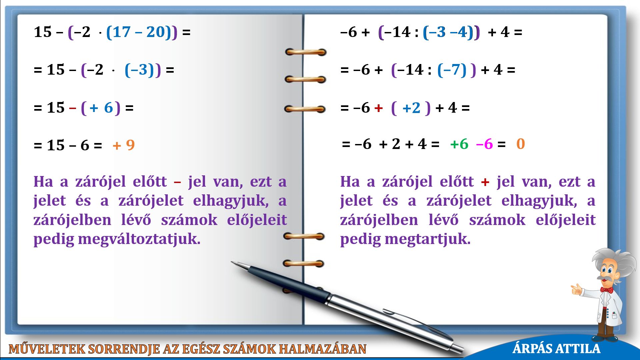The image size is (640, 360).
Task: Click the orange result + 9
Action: click(x=124, y=145)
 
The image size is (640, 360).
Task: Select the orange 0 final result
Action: click(x=521, y=144)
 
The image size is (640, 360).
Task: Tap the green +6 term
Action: click(x=459, y=144)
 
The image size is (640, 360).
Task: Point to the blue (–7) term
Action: click(x=452, y=70)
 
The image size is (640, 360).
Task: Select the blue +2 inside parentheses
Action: click(x=411, y=108)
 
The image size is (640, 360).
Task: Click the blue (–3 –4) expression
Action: click(x=448, y=32)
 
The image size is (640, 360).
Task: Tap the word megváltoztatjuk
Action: click(x=139, y=239)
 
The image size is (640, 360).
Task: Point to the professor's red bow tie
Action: click(x=607, y=290)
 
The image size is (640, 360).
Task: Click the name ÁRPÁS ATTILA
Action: click(x=556, y=348)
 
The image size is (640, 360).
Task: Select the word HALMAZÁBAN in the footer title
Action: click(x=323, y=349)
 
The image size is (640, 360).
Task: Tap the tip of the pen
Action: click(x=232, y=262)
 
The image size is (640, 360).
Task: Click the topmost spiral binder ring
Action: click(x=306, y=52)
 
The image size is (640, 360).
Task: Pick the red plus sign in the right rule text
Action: click(x=485, y=182)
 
